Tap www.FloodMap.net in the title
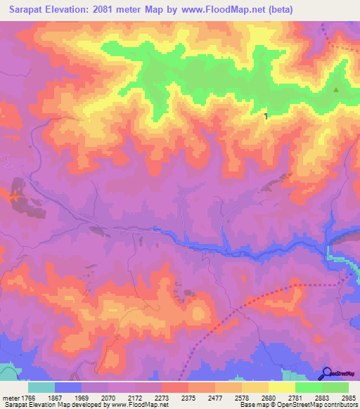click(x=227, y=9)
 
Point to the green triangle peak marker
click(x=335, y=89)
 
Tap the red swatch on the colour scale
click(x=174, y=387)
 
